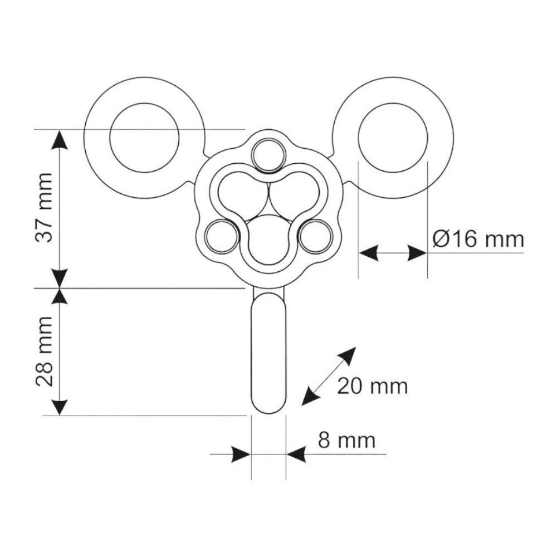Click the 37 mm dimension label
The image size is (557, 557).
(45, 208)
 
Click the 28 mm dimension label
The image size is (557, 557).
(45, 351)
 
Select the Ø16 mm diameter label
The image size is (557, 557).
(478, 239)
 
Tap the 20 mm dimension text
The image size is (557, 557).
(372, 386)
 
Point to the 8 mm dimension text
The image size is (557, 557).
(346, 441)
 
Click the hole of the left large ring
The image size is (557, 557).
(144, 138)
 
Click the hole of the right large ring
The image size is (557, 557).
(393, 138)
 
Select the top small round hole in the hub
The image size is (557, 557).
(268, 155)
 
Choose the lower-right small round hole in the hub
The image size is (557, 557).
(316, 236)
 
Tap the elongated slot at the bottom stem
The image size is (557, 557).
(268, 353)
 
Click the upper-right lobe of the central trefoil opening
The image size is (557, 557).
(295, 194)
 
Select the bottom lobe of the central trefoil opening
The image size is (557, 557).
(268, 240)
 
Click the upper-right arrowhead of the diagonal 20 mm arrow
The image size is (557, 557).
(348, 355)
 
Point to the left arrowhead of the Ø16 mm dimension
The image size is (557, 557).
(368, 253)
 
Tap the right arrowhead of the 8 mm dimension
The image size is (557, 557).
(296, 454)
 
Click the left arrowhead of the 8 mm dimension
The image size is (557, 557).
(241, 454)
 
